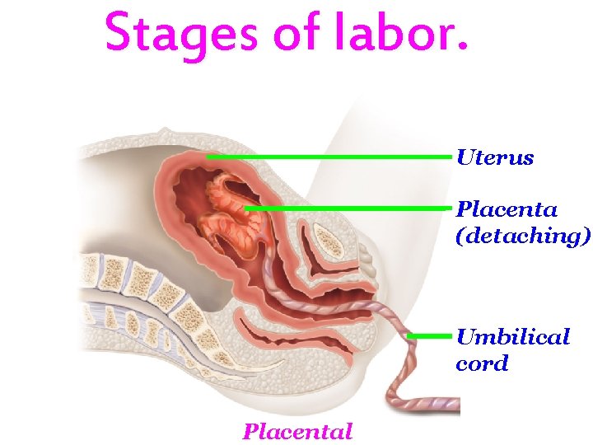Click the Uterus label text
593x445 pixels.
(495, 157)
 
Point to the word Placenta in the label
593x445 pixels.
(506, 209)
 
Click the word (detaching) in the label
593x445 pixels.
(522, 237)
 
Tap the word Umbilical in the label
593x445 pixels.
(512, 336)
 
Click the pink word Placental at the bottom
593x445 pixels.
(297, 431)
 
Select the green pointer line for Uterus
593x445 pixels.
(329, 156)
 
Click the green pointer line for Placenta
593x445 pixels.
(350, 208)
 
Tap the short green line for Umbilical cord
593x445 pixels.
(430, 335)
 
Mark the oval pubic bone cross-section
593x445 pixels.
(330, 241)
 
